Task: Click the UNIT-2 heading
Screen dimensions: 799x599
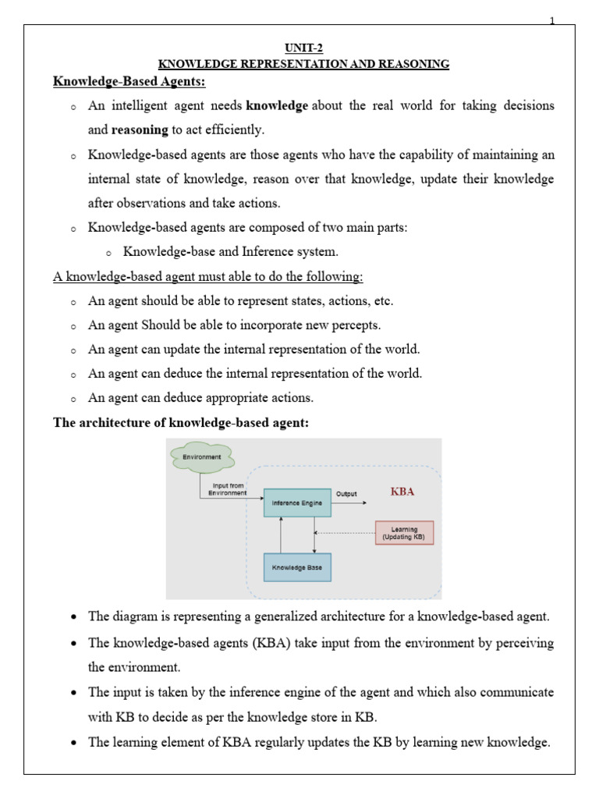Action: click(x=300, y=49)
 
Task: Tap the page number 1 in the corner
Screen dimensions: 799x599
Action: click(x=552, y=21)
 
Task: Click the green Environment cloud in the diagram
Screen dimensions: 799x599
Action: click(x=201, y=456)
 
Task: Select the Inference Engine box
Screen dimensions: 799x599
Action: click(x=296, y=503)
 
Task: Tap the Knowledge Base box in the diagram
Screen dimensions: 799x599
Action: click(x=296, y=566)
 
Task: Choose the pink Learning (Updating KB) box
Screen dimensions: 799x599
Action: click(x=404, y=533)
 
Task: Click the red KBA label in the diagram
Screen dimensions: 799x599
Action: click(x=402, y=492)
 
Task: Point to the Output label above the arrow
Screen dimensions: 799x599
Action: click(x=346, y=493)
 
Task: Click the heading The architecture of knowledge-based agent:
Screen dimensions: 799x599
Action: click(x=180, y=423)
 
